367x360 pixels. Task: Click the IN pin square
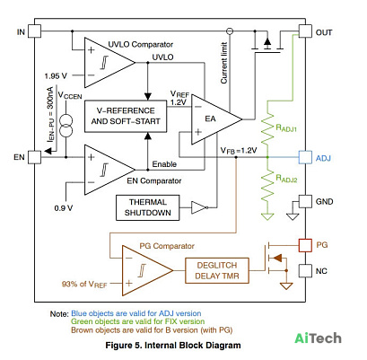point(35,31)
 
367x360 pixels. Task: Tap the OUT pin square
point(305,31)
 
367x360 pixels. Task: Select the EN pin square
point(35,157)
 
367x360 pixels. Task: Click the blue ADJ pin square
point(305,157)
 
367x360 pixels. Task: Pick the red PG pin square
point(305,245)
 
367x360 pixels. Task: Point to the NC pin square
point(305,271)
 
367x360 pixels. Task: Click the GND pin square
point(305,201)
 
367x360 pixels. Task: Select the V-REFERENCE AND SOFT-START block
point(126,116)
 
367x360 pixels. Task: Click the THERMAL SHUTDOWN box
point(148,207)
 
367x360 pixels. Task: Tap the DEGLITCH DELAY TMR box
point(217,270)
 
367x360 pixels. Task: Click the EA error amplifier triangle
point(216,119)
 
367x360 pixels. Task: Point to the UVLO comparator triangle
point(109,63)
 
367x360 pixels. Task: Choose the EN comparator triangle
point(109,170)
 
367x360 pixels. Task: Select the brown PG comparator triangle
point(147,270)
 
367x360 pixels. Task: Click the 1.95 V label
point(56,76)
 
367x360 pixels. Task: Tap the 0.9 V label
point(64,207)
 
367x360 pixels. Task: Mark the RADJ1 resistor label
point(286,128)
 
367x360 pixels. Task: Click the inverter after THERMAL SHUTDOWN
point(199,207)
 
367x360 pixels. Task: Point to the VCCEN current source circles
point(66,126)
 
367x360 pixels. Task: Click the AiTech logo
point(318,338)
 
